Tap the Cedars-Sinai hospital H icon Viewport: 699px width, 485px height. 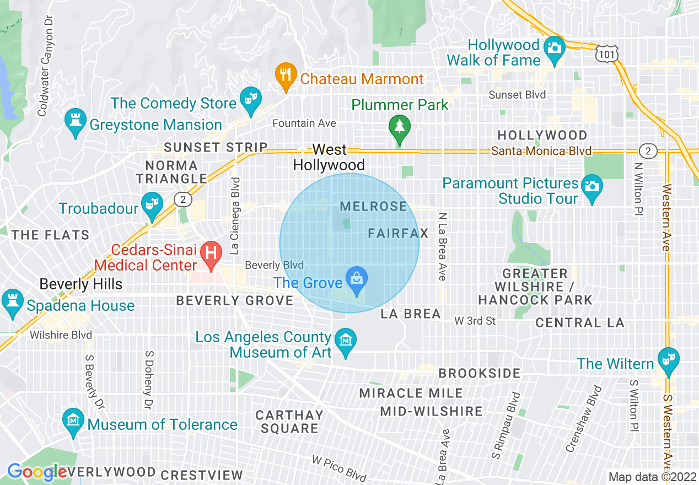pos(210,254)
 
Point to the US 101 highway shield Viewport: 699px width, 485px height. pos(607,53)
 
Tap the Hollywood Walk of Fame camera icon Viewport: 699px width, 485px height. pos(553,47)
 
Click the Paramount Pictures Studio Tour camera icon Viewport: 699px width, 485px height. pos(592,186)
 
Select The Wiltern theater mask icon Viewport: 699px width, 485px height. pos(668,359)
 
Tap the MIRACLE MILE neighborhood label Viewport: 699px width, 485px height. pos(411,394)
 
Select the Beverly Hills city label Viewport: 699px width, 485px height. pos(80,284)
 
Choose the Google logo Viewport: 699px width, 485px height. pos(36,472)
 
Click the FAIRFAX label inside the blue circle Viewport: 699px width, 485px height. pos(398,234)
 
